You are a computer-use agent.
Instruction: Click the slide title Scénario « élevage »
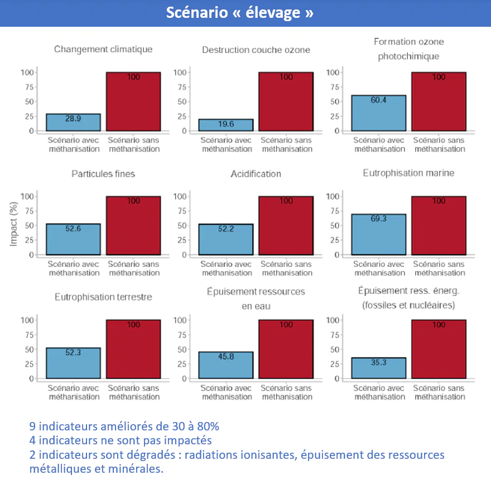tap(239, 13)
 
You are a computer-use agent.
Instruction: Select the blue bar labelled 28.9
tap(73, 123)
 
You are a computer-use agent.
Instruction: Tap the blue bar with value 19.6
tap(226, 125)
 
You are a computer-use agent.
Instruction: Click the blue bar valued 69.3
tap(378, 235)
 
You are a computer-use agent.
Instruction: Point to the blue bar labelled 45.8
tap(226, 365)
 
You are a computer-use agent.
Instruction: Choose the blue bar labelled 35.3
tap(378, 368)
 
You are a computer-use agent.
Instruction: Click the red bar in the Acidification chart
tap(286, 225)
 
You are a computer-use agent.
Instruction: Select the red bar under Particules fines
tap(133, 225)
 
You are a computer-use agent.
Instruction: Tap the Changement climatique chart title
tap(103, 50)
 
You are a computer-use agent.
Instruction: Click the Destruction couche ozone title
tap(256, 50)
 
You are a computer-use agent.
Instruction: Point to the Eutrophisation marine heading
tap(408, 173)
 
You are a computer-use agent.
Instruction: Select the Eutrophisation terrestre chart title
tap(103, 297)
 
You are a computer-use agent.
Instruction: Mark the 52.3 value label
tap(73, 352)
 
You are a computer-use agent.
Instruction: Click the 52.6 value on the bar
tap(73, 229)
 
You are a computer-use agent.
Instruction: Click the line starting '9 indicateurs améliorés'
tap(124, 426)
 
